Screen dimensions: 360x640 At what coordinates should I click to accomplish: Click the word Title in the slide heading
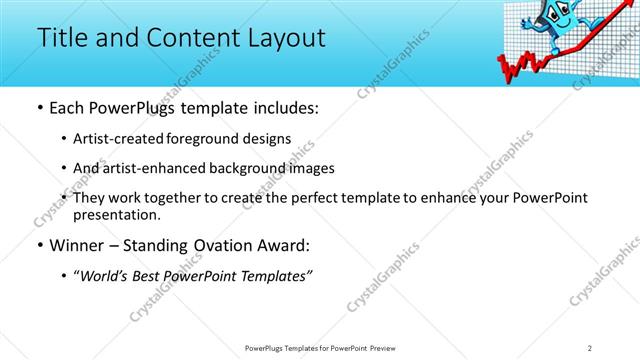point(62,37)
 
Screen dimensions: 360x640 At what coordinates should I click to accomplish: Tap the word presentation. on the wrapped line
point(116,215)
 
